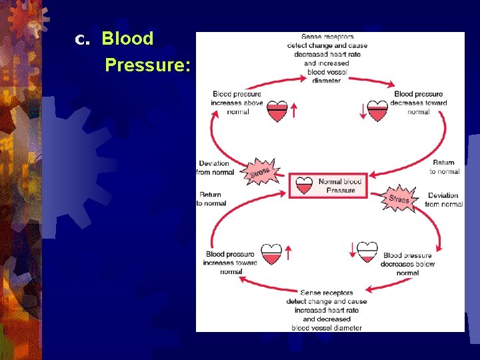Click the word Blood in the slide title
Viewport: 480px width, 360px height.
[x=127, y=39]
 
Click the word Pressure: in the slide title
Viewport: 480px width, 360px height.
[x=147, y=65]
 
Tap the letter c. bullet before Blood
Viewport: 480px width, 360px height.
[x=81, y=40]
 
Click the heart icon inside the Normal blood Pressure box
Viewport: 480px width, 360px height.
[x=304, y=185]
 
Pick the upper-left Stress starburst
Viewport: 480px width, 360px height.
[x=260, y=172]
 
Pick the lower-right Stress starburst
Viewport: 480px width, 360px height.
[x=399, y=198]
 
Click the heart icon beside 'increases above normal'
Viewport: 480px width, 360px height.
[x=277, y=111]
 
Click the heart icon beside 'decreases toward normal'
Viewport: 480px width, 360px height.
[x=378, y=111]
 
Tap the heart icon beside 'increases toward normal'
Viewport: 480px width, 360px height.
[x=271, y=254]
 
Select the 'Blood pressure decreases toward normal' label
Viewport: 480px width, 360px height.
[x=418, y=103]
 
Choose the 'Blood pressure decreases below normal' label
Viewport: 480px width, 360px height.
[x=408, y=263]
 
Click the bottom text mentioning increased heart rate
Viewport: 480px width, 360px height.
[x=327, y=310]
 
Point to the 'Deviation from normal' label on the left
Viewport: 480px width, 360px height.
[x=215, y=167]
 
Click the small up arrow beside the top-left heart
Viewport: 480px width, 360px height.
[x=294, y=110]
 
